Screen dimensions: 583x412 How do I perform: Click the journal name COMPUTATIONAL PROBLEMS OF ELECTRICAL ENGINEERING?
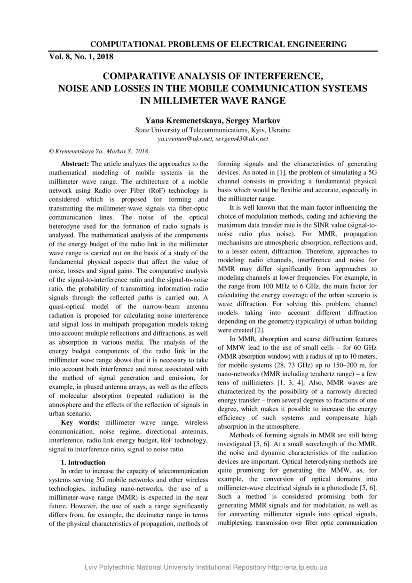pos(218,45)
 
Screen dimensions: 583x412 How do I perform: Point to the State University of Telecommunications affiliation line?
pos(213,130)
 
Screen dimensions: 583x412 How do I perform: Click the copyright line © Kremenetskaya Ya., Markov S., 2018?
pos(98,151)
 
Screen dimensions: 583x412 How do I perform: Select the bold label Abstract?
pos(75,164)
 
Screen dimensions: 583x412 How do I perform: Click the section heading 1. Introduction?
pos(83,462)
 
